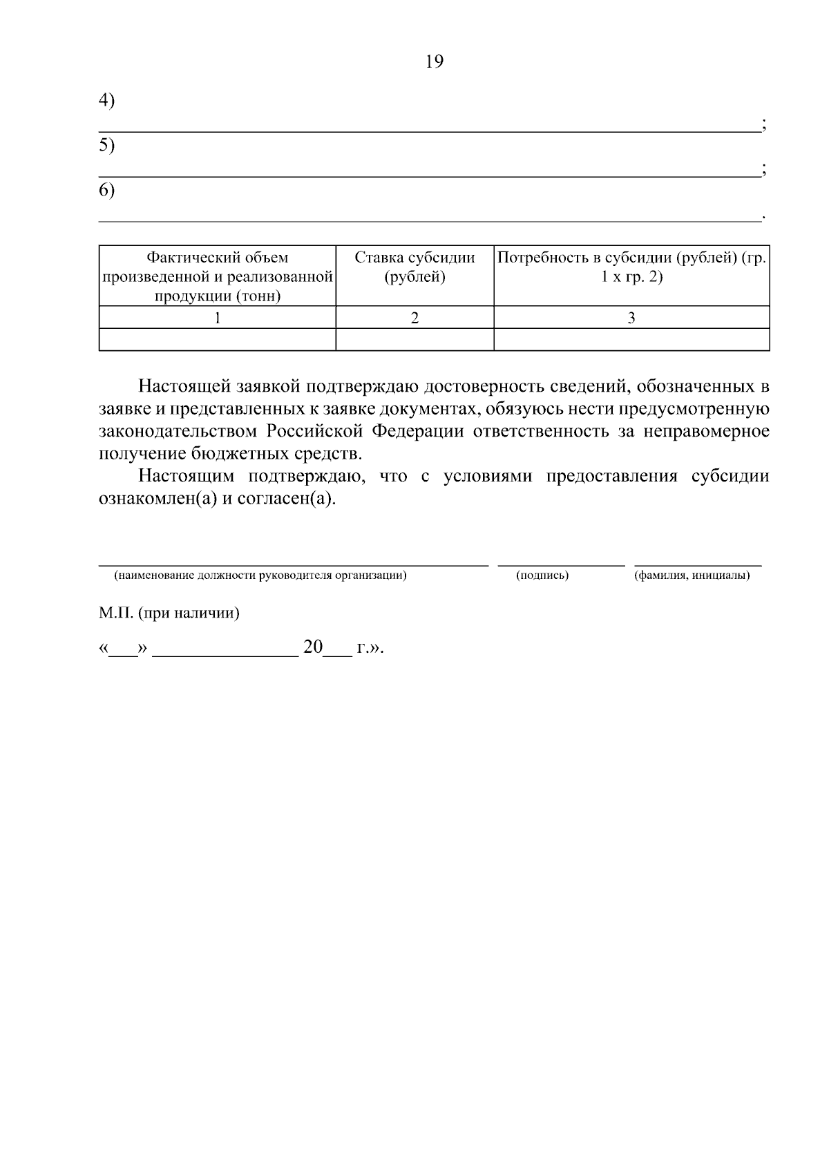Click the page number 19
click(435, 62)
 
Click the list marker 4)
click(106, 101)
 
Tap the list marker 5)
click(106, 146)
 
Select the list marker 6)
click(106, 191)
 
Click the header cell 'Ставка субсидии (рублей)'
click(414, 267)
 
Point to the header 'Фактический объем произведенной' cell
click(218, 276)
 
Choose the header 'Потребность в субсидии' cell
click(631, 267)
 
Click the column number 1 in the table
click(218, 318)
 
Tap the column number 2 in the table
click(414, 318)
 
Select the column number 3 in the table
click(631, 318)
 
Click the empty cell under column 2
click(414, 340)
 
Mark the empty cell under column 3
click(631, 340)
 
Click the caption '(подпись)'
click(542, 575)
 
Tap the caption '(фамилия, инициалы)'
click(692, 575)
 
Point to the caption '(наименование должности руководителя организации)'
click(260, 575)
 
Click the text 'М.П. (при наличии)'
click(169, 613)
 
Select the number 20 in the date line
click(313, 648)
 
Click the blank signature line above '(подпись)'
click(561, 564)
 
